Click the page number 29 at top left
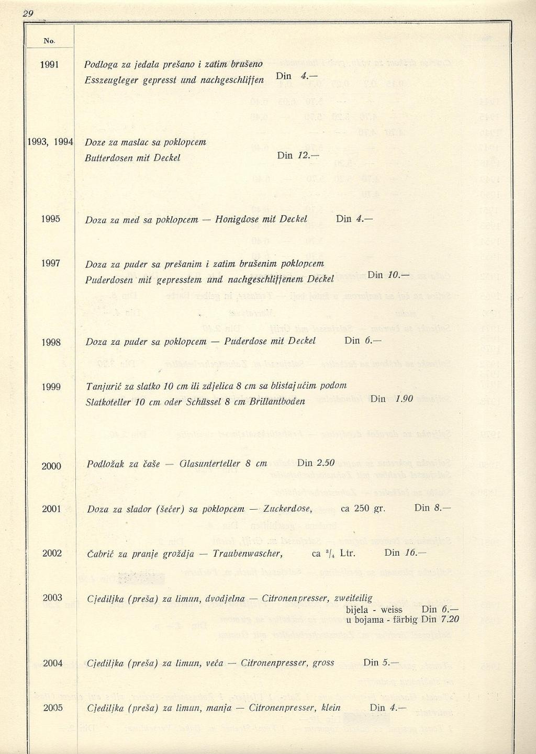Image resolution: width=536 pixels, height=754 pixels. tap(27, 14)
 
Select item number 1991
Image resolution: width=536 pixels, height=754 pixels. tap(50, 65)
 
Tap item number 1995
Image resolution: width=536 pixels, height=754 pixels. tap(51, 219)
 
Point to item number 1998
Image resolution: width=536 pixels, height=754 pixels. tap(51, 342)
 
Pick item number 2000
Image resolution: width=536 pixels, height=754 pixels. tap(51, 466)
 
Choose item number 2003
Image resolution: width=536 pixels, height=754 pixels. tap(52, 598)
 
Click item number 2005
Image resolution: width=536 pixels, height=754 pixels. tap(53, 707)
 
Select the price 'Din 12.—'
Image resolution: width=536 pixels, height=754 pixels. tap(297, 155)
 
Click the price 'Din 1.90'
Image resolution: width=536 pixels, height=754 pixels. tap(392, 399)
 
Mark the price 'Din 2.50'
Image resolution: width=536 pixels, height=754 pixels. tap(316, 463)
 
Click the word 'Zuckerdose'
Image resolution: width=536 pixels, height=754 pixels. tap(287, 509)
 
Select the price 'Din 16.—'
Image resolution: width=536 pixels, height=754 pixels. tap(405, 553)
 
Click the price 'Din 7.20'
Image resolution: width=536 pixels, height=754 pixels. tap(440, 620)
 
